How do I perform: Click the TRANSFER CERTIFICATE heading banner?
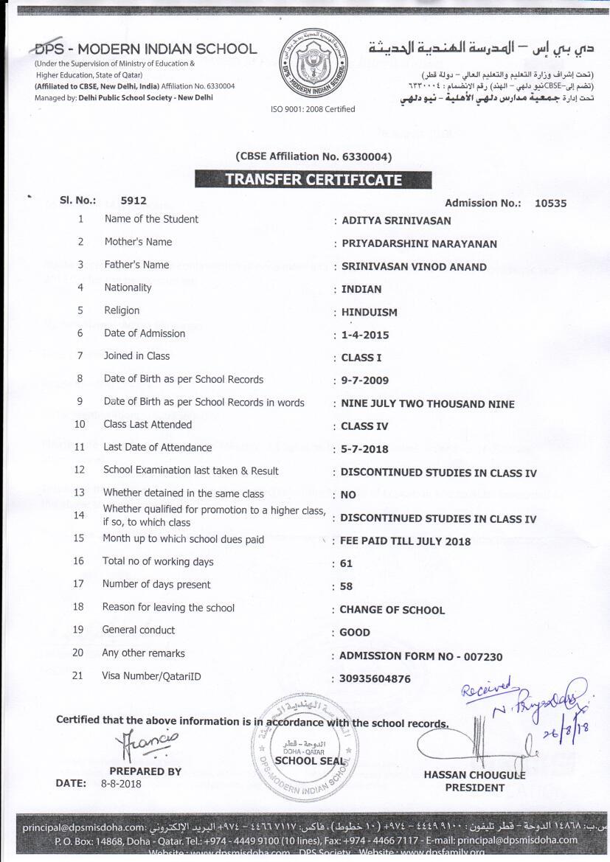coord(313,179)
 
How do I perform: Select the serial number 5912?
coord(134,200)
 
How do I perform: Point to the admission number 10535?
coord(550,203)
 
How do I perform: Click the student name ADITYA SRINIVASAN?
coord(396,220)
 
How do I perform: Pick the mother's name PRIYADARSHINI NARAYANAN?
coord(419,243)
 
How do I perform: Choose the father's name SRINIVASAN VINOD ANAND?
coord(414,266)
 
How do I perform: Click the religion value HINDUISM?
coord(369,312)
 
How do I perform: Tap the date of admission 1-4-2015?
coord(365,335)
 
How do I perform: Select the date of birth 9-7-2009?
coord(365,380)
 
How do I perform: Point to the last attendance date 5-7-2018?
coord(364,449)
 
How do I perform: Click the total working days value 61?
coord(347,563)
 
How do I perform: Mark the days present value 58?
coord(347,587)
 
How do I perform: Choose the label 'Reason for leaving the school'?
coord(168,608)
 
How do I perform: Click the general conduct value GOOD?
coord(355,633)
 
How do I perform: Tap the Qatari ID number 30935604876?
coord(375,678)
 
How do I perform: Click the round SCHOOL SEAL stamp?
coord(305,749)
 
